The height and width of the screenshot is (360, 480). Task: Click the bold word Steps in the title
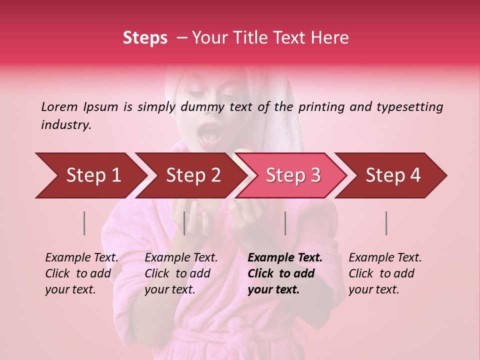(x=145, y=38)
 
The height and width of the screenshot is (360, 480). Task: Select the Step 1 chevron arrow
(x=93, y=175)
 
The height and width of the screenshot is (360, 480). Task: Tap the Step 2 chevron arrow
(x=193, y=175)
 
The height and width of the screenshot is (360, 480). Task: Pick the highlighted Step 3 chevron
(x=293, y=175)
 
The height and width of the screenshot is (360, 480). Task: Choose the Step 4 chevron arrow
(x=393, y=175)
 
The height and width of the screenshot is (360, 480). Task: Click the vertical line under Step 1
(x=84, y=223)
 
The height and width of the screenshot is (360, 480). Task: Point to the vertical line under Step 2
(x=184, y=223)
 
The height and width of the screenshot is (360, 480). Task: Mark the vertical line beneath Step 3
(x=285, y=223)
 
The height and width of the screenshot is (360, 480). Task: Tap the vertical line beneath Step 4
(x=386, y=223)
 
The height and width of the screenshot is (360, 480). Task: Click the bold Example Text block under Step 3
(x=285, y=273)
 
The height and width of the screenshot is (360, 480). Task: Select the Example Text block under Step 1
(x=82, y=273)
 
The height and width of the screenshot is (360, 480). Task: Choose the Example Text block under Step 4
(x=385, y=273)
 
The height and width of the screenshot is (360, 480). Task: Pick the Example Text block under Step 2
(x=181, y=273)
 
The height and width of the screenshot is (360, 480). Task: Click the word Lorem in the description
(x=59, y=106)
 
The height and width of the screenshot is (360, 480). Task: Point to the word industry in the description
(x=65, y=125)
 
